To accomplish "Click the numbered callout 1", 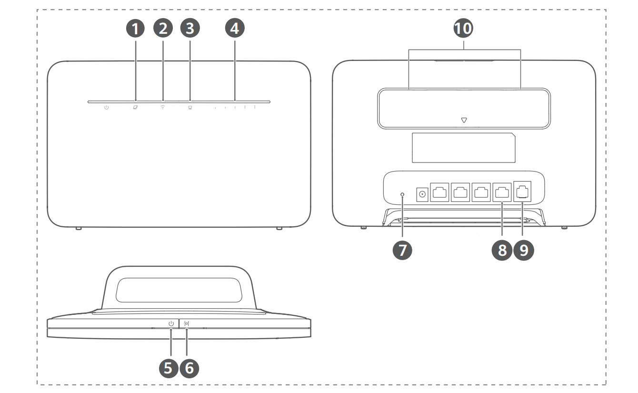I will point(136,29).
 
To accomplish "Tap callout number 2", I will point(163,29).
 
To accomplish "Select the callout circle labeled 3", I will point(190,29).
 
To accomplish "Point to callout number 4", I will point(234,29).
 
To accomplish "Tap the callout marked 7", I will point(403,251).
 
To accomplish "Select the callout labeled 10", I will point(464,29).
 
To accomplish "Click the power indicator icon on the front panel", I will point(107,108).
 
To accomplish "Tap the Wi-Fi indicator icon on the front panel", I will point(163,108).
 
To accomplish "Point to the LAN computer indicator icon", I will point(190,108).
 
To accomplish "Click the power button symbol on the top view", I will point(171,324).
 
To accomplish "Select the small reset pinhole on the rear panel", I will point(403,194).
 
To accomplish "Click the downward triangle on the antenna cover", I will point(464,121).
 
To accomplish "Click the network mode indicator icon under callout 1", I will point(135,108).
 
